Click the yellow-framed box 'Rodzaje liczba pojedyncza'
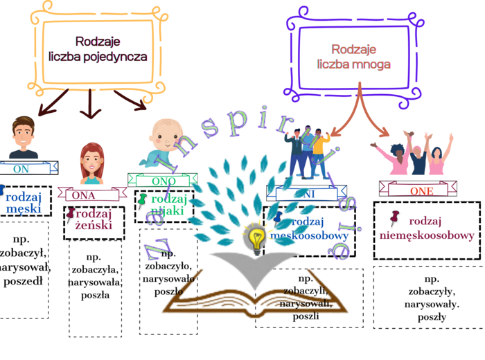point(98,49)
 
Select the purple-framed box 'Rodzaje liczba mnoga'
point(353,56)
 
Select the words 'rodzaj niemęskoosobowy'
point(427,228)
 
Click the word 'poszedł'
point(24,280)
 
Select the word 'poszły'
point(431,317)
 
